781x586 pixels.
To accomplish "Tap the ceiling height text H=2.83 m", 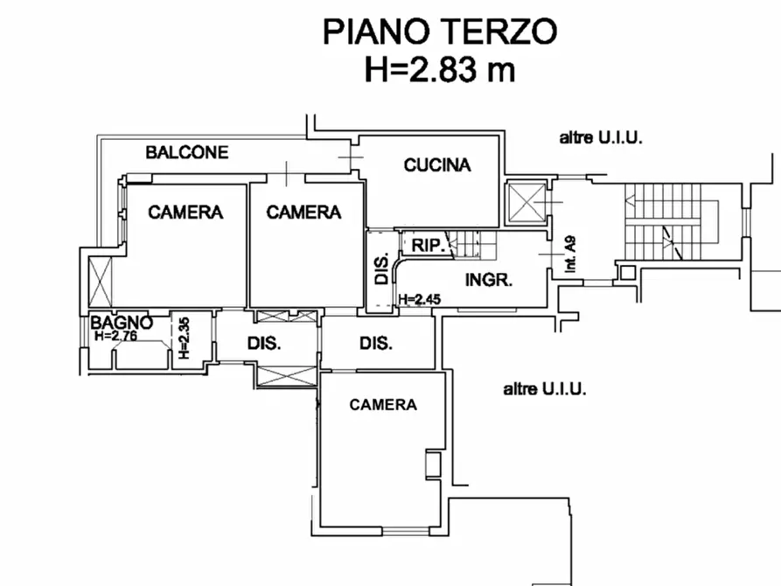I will tap(439, 70).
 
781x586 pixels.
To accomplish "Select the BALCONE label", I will tap(186, 152).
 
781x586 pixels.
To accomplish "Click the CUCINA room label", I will tap(436, 164).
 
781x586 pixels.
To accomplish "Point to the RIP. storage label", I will tap(426, 246).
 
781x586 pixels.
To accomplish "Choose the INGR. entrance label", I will tap(488, 281).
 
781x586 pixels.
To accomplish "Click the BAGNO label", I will tap(122, 322).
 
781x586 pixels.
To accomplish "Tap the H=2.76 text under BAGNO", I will tap(117, 335).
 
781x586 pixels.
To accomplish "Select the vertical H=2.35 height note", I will tap(184, 338).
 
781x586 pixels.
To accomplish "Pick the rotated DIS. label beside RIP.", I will tap(382, 269).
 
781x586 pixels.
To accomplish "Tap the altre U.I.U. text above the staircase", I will tap(601, 137).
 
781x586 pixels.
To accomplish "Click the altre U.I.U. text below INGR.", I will tap(544, 389).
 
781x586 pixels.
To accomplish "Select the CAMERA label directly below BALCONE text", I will tap(185, 212).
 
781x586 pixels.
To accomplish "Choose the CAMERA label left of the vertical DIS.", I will tap(303, 212).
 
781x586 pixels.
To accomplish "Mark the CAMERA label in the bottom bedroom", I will tap(383, 404).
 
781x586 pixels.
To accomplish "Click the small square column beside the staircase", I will tap(626, 272).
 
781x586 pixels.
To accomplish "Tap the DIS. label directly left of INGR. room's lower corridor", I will tap(375, 344).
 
